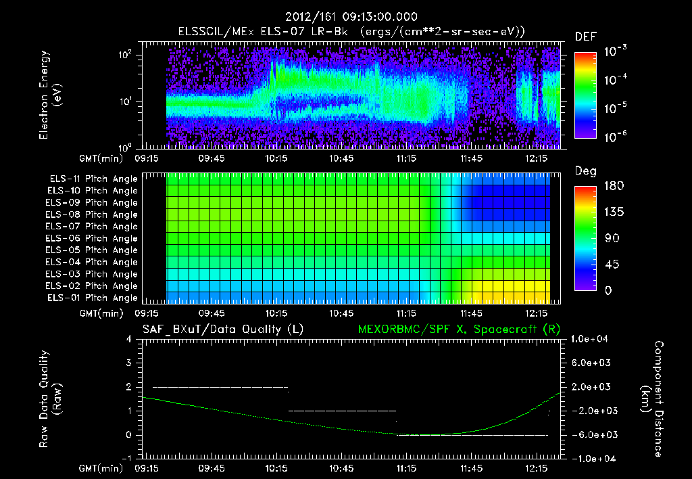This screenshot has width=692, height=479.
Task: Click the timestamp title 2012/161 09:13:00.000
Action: click(351, 17)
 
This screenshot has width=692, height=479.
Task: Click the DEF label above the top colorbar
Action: click(585, 37)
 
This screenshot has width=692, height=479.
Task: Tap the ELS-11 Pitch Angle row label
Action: click(91, 179)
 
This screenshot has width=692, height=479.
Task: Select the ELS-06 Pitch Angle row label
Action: click(91, 239)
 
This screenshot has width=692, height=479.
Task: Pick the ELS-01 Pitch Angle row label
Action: click(91, 298)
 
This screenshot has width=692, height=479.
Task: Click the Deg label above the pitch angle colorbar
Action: click(585, 172)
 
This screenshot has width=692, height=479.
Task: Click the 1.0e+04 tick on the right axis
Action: click(591, 339)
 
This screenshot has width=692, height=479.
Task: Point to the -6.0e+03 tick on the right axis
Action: click(591, 435)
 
